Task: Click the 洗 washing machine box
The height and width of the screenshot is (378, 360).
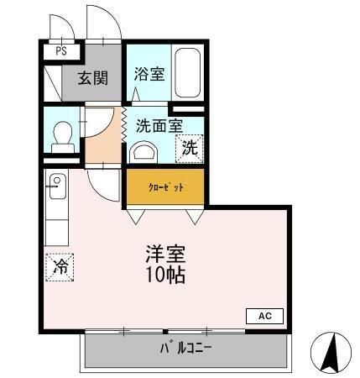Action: click(190, 149)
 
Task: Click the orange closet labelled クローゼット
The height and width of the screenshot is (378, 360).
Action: click(165, 187)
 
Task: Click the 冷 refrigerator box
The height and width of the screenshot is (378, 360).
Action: click(60, 267)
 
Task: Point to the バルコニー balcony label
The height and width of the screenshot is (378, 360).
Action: click(185, 348)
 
